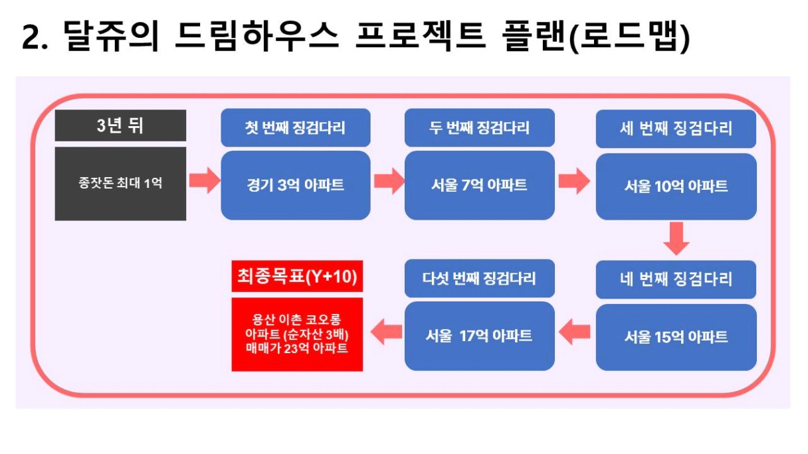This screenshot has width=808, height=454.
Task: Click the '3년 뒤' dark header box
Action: coord(120,125)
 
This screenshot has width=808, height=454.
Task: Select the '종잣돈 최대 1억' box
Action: coord(120,183)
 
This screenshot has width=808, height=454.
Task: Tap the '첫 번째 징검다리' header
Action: coord(296,127)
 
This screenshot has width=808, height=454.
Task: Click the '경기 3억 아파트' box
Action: coord(296,185)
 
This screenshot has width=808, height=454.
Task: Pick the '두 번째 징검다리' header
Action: coord(479,127)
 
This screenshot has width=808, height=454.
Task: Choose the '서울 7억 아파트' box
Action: coord(479,185)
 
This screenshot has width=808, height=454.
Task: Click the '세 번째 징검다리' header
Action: coord(676,129)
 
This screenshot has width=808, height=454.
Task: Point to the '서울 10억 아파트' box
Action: coord(676,187)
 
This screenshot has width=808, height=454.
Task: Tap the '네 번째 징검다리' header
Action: coord(676,279)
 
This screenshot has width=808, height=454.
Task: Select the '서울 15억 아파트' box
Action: coord(676,337)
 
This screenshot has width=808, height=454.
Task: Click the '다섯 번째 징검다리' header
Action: coord(479,278)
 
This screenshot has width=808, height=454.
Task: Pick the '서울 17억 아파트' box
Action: coord(479,336)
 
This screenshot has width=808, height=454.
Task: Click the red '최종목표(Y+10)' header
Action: coord(297,276)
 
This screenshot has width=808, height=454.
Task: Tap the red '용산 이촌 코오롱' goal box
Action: coord(297,334)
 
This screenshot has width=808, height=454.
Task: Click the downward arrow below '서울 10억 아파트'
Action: coord(676,238)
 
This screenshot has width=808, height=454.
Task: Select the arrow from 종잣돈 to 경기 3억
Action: coord(205,180)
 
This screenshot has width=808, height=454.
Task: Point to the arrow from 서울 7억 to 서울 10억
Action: coord(574,181)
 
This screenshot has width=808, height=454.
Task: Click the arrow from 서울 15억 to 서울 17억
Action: coord(574,331)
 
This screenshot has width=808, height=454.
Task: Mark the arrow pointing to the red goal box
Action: coord(386,331)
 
